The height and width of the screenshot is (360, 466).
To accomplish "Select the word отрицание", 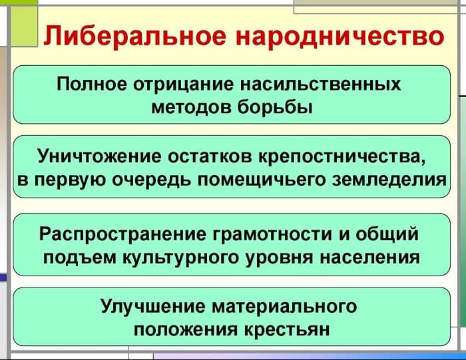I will coord(178,85).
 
